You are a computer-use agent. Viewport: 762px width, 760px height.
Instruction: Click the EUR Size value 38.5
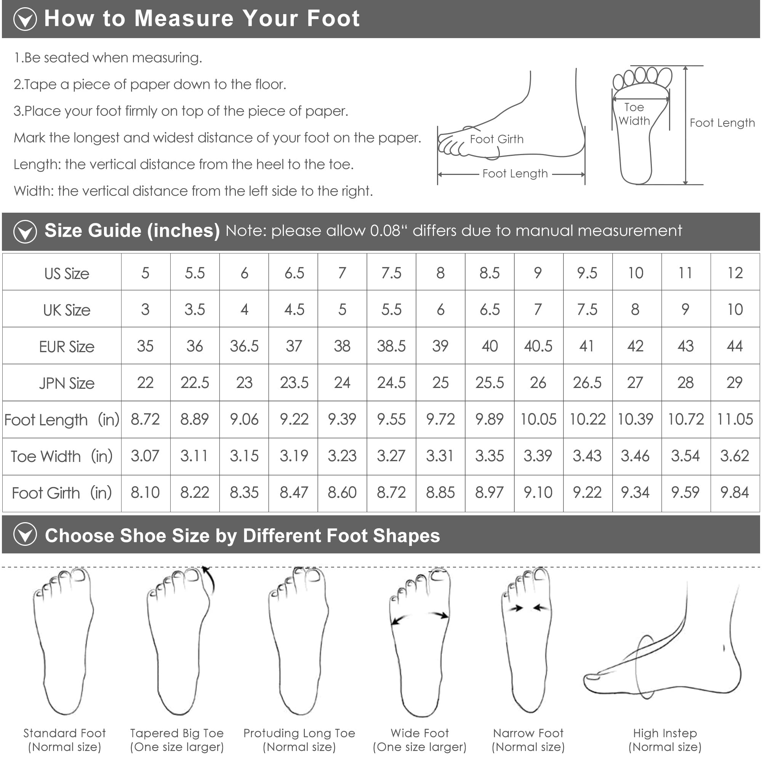point(391,346)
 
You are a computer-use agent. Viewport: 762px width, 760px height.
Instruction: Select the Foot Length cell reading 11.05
point(735,419)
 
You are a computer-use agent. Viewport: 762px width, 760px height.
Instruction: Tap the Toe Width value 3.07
point(145,456)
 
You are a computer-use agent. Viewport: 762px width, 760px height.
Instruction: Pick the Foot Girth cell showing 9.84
point(735,492)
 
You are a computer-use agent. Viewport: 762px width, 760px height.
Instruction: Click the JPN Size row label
point(67,383)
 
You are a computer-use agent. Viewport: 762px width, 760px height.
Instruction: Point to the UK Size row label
point(67,310)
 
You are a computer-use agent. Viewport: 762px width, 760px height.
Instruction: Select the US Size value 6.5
point(294,273)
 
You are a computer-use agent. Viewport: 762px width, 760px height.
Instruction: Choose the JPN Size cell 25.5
point(490,382)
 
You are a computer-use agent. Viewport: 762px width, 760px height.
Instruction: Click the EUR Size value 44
point(735,346)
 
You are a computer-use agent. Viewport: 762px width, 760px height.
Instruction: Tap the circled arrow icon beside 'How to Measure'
point(25,19)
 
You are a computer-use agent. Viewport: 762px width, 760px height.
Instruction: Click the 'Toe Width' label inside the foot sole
point(634,114)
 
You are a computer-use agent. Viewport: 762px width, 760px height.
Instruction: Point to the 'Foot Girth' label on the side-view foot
point(496,139)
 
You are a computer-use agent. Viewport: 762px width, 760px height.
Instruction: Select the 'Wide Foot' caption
point(419,733)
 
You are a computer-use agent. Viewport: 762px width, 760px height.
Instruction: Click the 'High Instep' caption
point(665,733)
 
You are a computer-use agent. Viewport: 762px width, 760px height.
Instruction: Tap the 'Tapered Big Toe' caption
point(177,733)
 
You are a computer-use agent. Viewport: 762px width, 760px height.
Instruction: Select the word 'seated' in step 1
point(66,58)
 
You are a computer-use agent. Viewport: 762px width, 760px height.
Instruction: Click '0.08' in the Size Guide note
point(385,231)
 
